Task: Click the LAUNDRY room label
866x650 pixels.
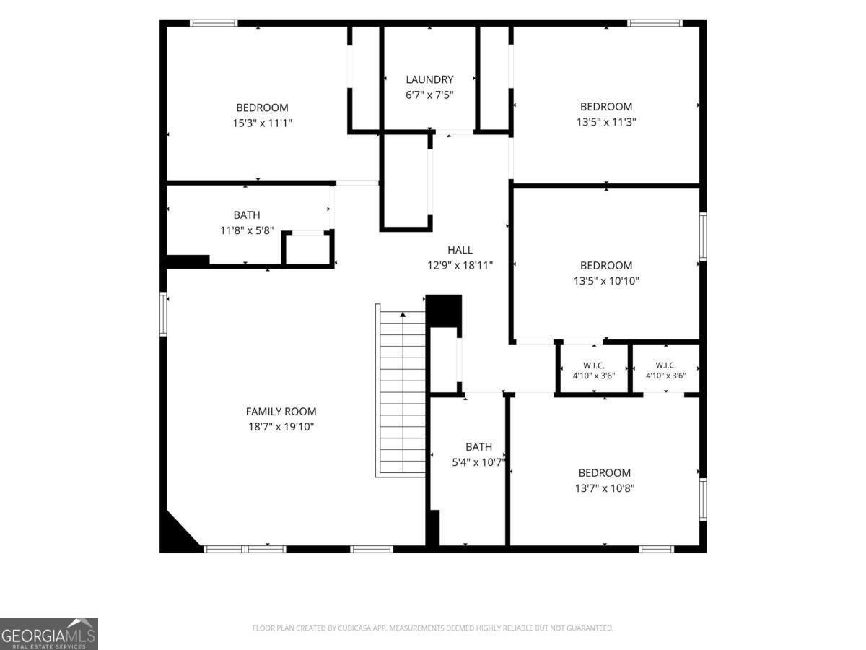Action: click(x=429, y=79)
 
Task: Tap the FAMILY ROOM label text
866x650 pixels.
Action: click(x=281, y=411)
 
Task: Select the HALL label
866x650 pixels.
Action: click(x=460, y=250)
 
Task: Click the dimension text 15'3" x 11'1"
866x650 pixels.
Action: click(x=263, y=123)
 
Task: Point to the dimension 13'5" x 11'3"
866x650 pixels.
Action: click(x=606, y=122)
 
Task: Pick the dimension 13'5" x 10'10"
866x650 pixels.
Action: click(x=606, y=281)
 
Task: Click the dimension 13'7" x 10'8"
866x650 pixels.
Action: click(x=605, y=488)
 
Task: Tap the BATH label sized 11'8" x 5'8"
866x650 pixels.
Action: click(x=247, y=215)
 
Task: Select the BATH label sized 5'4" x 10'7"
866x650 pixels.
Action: click(x=478, y=447)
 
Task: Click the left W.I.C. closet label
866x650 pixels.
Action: click(x=594, y=366)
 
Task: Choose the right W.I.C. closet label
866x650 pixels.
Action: click(x=665, y=365)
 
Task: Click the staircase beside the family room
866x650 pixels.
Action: click(x=401, y=391)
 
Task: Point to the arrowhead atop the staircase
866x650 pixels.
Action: click(x=403, y=315)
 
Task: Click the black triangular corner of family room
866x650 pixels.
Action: click(x=175, y=534)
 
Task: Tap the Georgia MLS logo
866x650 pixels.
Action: click(x=49, y=633)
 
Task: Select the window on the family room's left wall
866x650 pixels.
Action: click(x=163, y=314)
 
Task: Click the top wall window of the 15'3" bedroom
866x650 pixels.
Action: click(x=214, y=23)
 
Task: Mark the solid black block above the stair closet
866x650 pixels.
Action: click(x=444, y=311)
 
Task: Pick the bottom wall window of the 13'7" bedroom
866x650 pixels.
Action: click(x=657, y=549)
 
